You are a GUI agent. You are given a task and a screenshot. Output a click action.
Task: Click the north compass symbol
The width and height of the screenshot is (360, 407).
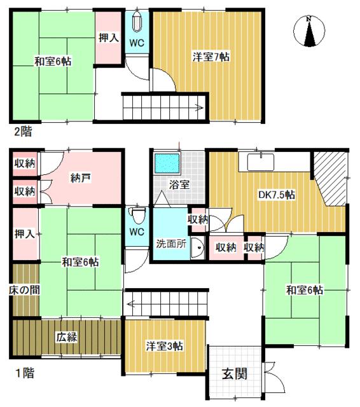(309, 31)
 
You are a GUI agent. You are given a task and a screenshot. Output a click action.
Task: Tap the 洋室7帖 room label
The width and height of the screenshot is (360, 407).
(211, 57)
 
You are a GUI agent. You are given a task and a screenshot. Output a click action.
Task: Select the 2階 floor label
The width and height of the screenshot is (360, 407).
(23, 132)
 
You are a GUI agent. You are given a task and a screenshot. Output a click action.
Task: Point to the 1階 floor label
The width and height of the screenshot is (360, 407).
(25, 373)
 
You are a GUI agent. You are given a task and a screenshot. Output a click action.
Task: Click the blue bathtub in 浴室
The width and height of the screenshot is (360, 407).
(167, 163)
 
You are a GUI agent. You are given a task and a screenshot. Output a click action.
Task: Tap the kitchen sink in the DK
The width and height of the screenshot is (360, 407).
(261, 162)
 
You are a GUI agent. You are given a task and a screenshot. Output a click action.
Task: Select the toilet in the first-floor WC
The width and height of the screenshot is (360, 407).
(137, 215)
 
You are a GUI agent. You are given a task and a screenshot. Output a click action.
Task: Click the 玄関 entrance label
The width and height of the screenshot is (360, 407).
(234, 374)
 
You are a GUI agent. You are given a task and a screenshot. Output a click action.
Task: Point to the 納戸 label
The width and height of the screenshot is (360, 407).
(81, 178)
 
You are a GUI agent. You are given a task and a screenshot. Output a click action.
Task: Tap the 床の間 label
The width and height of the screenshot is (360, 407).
(24, 290)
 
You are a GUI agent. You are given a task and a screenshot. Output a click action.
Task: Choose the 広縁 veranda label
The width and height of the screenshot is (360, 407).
(67, 338)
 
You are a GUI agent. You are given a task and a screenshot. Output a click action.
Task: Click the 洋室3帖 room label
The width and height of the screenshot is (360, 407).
(165, 346)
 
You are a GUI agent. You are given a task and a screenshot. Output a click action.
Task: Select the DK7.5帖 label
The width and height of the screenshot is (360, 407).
(277, 195)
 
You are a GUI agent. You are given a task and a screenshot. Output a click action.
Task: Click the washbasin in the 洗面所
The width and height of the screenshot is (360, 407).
(198, 248)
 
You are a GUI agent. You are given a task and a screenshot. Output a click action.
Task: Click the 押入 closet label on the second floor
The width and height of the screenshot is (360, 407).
(109, 38)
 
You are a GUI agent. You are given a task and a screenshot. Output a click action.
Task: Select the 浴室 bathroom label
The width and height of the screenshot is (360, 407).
(179, 185)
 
